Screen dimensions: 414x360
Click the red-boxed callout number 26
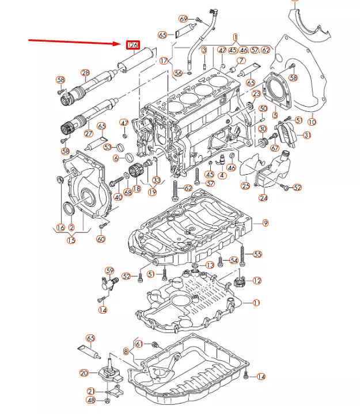click(x=133, y=44)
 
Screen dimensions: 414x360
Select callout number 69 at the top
click(x=183, y=19)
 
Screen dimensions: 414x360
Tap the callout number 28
click(x=85, y=73)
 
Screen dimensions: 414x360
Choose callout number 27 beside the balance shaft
click(x=89, y=133)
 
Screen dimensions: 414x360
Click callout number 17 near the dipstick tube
click(x=164, y=60)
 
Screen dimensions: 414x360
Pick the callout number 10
click(x=312, y=122)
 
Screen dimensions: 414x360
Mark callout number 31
click(x=306, y=135)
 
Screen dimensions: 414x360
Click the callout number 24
click(x=263, y=198)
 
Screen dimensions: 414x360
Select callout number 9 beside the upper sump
click(x=266, y=223)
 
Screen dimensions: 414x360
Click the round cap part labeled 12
click(x=241, y=283)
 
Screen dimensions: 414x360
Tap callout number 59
click(x=109, y=270)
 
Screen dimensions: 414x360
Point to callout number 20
click(x=84, y=373)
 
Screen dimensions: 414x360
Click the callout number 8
click(x=126, y=351)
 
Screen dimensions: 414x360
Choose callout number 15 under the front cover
click(x=71, y=240)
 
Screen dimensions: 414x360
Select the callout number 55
click(x=257, y=254)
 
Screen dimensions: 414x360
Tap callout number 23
click(x=256, y=93)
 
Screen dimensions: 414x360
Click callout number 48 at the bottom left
click(x=90, y=400)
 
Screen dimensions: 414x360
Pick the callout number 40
click(x=118, y=197)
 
